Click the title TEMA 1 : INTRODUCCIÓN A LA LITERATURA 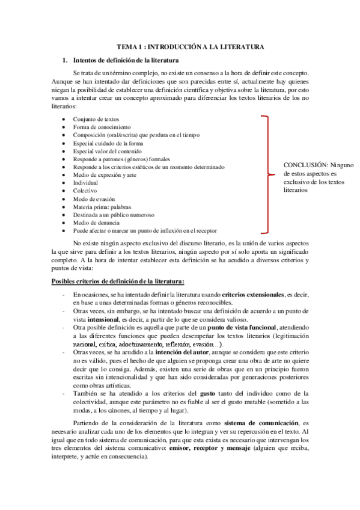click(190, 46)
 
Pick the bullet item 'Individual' click(85, 182)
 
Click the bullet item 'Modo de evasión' click(94, 198)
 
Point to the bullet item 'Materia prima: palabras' click(102, 206)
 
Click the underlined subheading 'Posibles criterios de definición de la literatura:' click(118, 265)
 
